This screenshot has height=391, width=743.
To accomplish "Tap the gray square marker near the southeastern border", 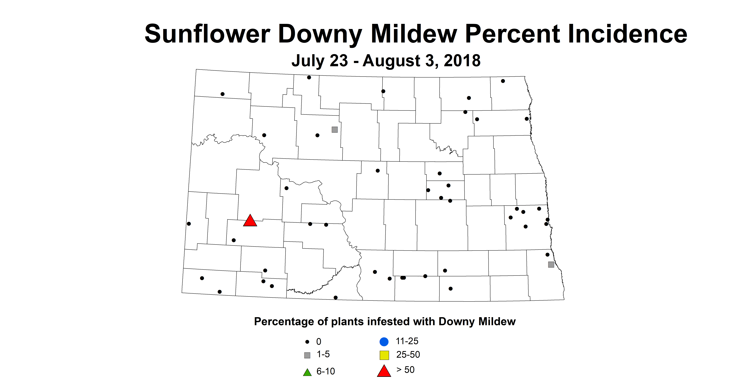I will point(551,265).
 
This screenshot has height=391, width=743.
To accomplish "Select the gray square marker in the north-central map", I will point(335,130).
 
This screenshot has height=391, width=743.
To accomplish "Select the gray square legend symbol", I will point(307,355).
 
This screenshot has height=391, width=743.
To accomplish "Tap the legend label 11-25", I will point(407,341).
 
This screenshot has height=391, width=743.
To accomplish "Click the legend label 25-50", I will point(408,355).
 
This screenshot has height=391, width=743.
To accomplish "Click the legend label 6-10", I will point(326,371).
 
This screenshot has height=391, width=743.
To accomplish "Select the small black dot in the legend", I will point(307,342).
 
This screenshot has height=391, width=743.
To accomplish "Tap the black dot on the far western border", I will point(189,224).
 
